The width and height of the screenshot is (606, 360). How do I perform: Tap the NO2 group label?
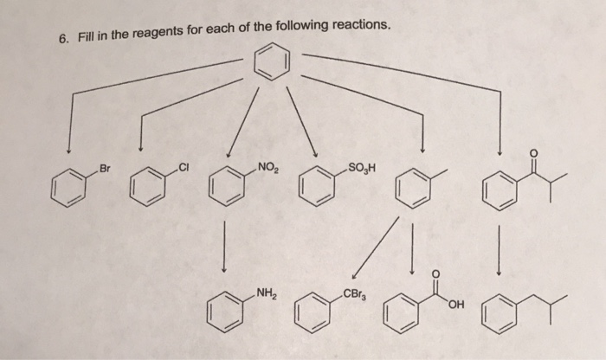[x=266, y=165]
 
